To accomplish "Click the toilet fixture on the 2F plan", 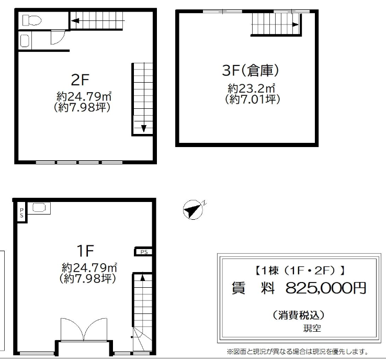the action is [x=32, y=20].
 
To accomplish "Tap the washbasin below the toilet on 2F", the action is [x=25, y=41].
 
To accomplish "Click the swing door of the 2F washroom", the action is [x=58, y=37].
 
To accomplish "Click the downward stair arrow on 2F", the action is [x=144, y=129].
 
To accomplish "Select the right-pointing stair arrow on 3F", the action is [x=296, y=25].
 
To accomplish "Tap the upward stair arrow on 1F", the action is [x=142, y=277].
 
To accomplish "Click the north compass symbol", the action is [x=193, y=209].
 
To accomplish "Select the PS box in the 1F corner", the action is [x=22, y=212].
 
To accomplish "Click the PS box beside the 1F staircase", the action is [x=144, y=252].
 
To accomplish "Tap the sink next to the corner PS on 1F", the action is [x=39, y=208].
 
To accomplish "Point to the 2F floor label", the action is [x=80, y=80].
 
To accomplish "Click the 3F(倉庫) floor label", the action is [x=251, y=70].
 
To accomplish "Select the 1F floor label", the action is [x=85, y=251].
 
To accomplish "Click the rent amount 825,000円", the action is [x=326, y=288].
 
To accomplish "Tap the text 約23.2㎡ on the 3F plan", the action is [x=251, y=88].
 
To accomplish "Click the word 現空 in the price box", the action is [x=312, y=328].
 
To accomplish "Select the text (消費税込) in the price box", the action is [x=299, y=315].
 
